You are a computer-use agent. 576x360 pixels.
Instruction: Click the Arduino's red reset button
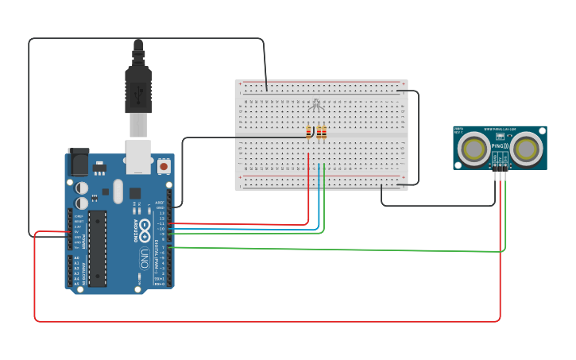pos(164,166)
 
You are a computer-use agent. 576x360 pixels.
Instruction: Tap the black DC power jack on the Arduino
pos(79,162)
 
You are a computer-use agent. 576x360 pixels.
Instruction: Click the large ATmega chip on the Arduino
pos(97,248)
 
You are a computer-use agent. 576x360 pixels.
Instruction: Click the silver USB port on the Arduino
pos(138,157)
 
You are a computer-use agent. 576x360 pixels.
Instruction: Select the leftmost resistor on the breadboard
pos(310,133)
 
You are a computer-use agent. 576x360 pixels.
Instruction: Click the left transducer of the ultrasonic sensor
pos(475,149)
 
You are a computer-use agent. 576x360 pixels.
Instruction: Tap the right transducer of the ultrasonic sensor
pos(525,149)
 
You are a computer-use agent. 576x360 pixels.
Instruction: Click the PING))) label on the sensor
pos(500,147)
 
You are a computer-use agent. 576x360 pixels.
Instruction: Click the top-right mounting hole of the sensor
pos(543,130)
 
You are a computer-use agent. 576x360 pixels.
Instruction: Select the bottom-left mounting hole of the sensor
pos(458,165)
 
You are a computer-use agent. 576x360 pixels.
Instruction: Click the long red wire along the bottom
pos(262,321)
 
